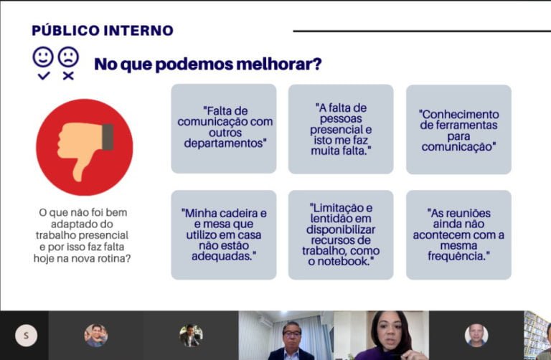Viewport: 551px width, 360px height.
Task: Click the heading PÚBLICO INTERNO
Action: click(x=103, y=31)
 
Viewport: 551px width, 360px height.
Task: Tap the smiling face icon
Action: click(x=43, y=57)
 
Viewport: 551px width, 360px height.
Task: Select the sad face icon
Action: click(x=69, y=57)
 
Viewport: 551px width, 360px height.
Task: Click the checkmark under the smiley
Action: click(x=44, y=75)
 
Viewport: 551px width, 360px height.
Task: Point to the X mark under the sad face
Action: click(x=69, y=75)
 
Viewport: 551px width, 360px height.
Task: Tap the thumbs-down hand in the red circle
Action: click(x=85, y=148)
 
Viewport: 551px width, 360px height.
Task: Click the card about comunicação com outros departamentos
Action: click(x=224, y=128)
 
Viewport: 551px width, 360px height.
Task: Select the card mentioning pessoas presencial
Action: click(x=341, y=129)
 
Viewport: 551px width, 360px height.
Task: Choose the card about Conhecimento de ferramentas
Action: click(x=458, y=129)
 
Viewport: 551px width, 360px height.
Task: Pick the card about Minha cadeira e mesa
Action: click(x=224, y=235)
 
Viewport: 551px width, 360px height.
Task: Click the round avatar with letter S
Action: click(x=26, y=336)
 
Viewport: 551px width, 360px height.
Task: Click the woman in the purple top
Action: click(x=387, y=336)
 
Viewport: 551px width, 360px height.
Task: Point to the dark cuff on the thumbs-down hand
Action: click(x=108, y=137)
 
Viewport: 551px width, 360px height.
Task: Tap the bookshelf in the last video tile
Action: click(x=534, y=333)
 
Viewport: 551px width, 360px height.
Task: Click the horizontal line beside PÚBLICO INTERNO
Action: click(x=422, y=32)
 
